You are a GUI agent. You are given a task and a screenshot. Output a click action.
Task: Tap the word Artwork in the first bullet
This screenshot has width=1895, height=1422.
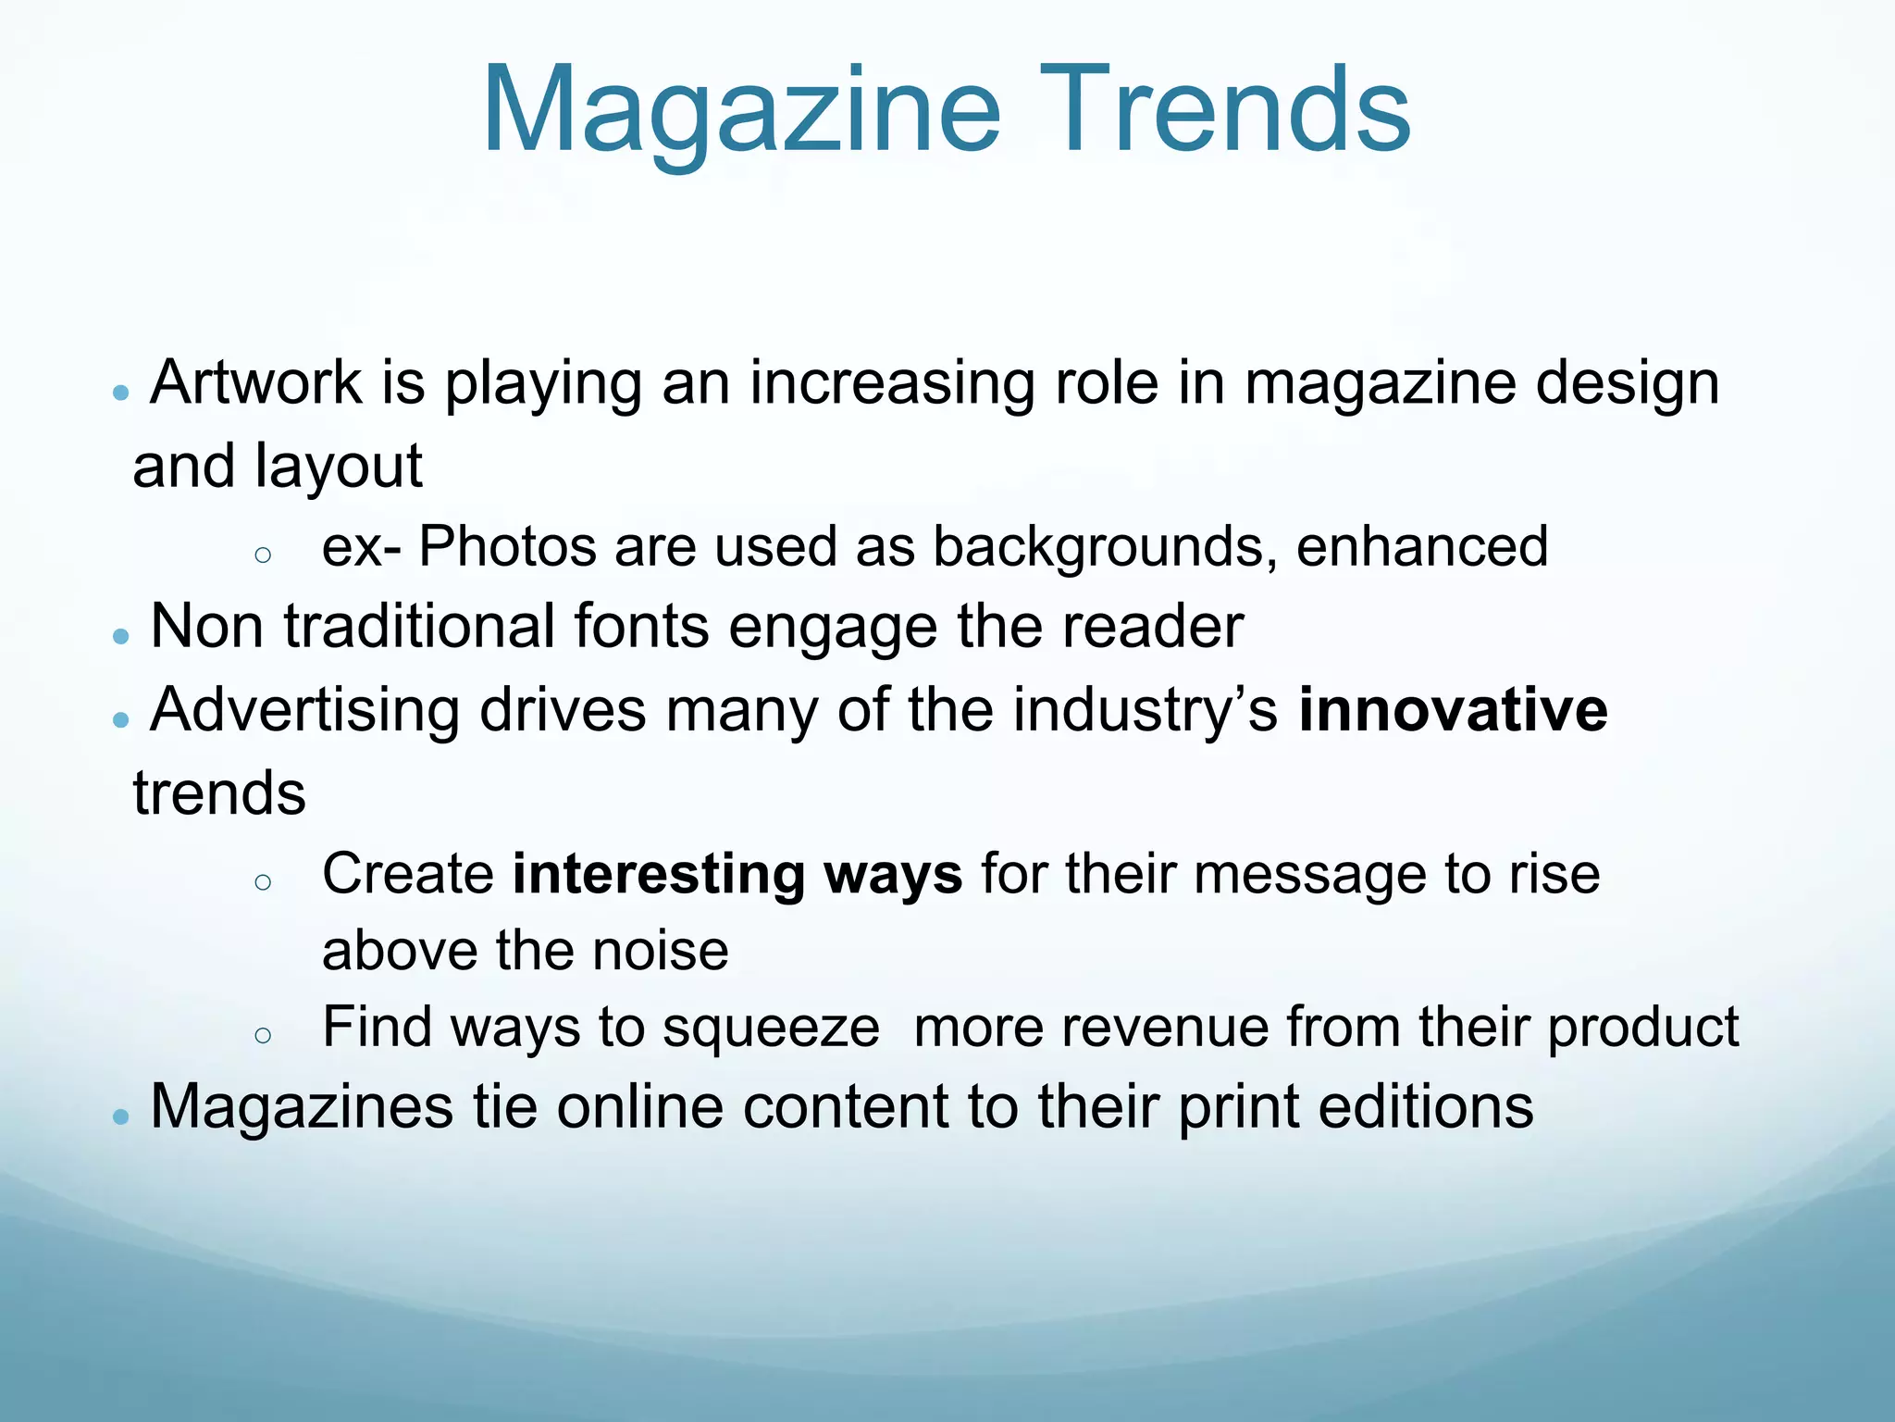256,381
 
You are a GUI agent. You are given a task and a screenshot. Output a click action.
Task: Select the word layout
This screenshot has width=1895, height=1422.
338,467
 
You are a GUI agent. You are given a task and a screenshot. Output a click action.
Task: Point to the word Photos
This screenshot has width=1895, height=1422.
507,546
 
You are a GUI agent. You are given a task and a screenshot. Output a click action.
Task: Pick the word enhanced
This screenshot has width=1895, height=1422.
1422,546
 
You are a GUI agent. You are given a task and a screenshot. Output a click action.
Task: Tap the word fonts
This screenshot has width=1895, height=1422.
641,627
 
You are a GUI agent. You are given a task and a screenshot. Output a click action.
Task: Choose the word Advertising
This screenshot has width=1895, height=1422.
305,711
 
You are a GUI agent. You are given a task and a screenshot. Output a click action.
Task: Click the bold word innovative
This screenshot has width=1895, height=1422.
1453,710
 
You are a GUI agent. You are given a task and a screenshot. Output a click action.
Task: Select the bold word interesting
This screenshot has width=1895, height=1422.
658,874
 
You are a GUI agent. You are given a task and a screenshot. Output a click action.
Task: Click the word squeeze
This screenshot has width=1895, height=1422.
771,1029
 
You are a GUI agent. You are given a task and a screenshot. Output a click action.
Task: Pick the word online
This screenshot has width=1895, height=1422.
639,1106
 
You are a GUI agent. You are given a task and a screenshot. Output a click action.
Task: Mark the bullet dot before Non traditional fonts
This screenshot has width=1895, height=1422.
120,637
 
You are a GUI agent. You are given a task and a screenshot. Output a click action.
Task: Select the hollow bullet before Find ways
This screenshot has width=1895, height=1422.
263,1036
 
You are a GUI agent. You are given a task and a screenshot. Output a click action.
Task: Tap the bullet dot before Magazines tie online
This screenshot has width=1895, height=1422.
120,1116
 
